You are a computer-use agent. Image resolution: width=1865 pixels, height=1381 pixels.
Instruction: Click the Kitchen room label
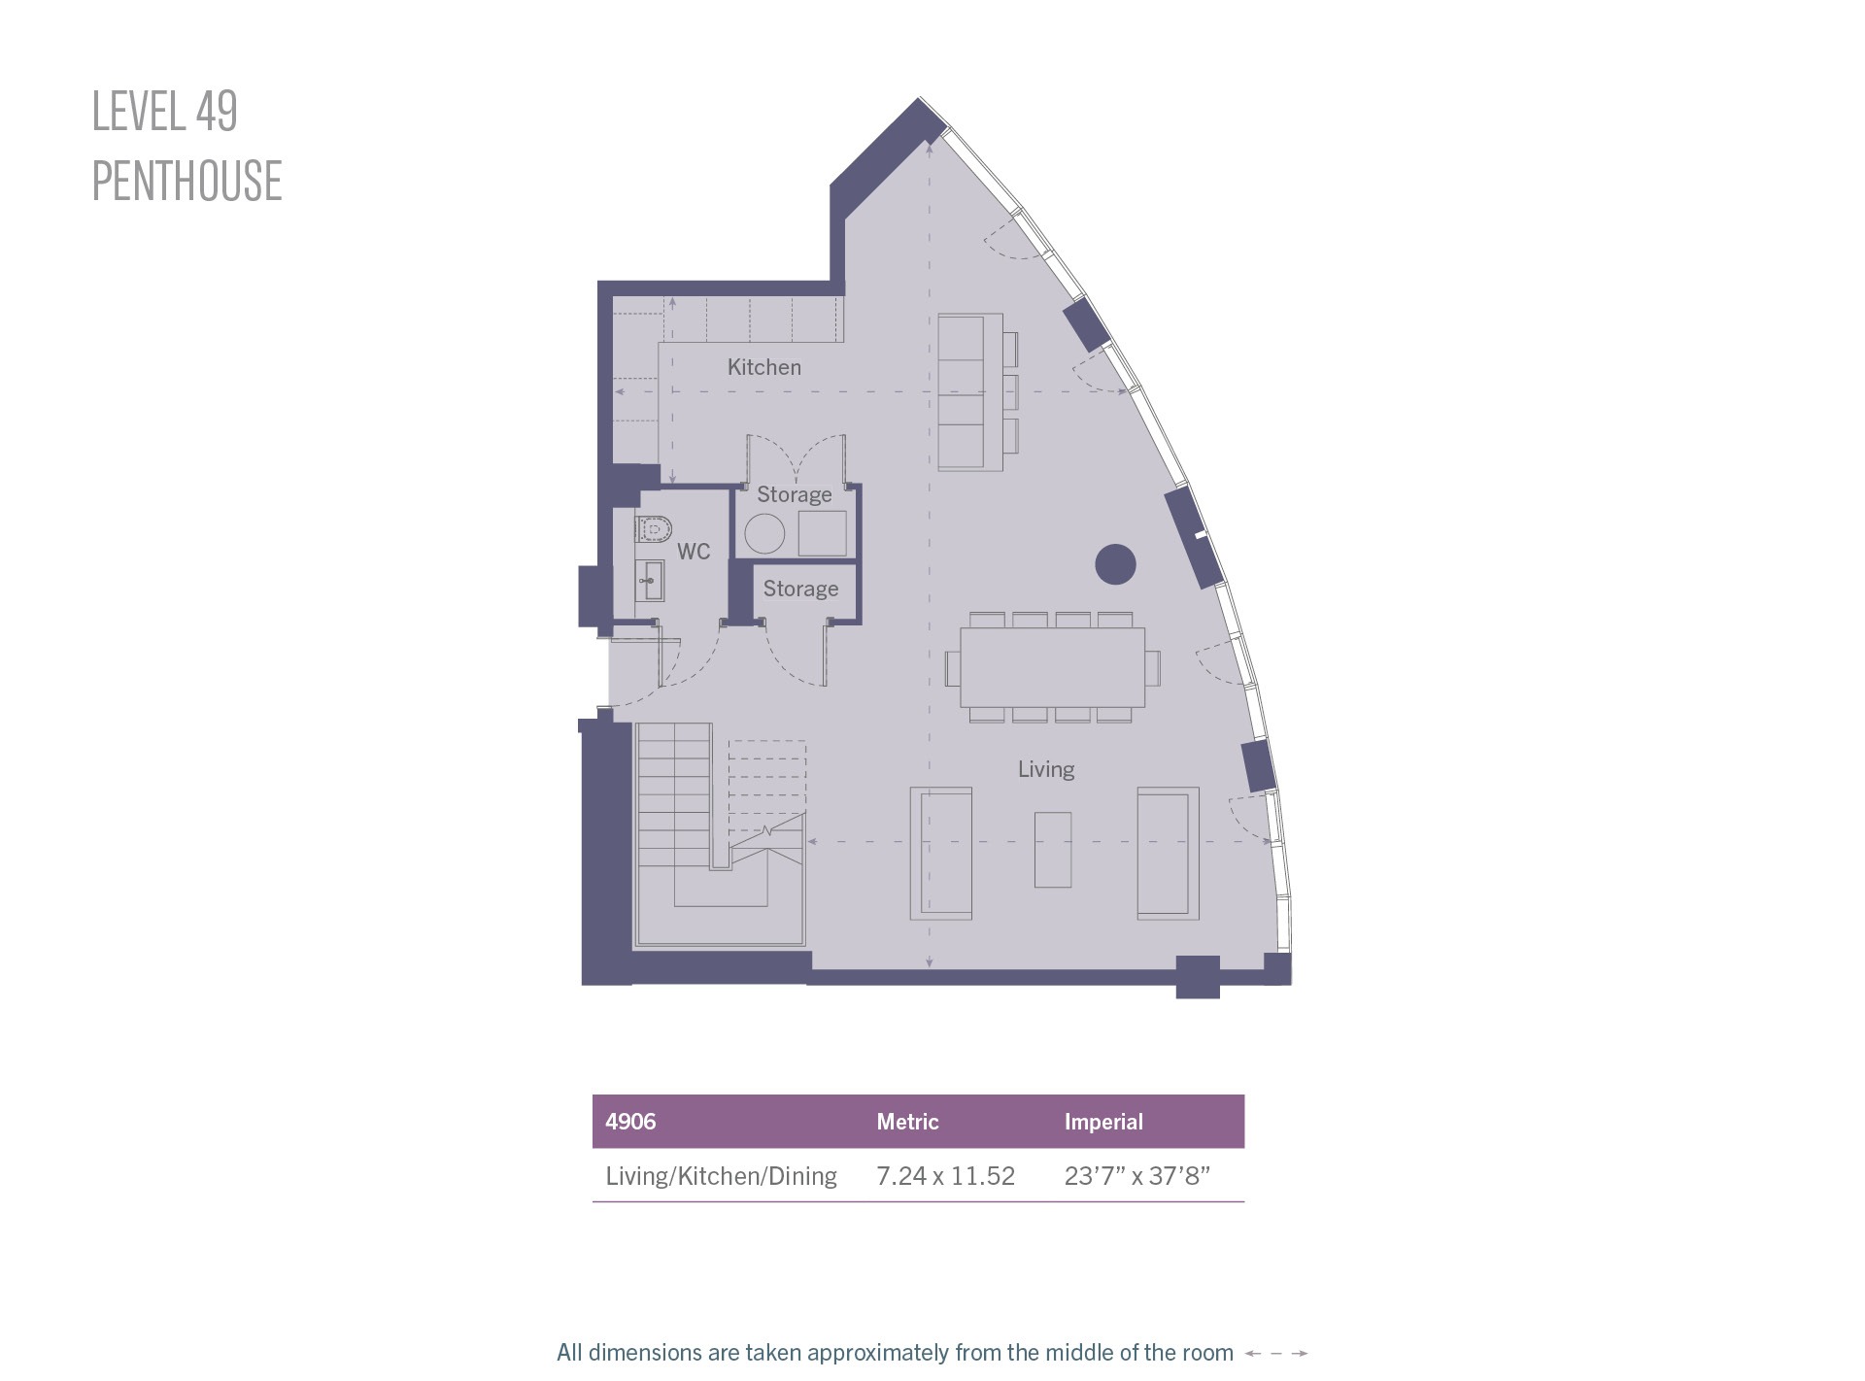coord(764,367)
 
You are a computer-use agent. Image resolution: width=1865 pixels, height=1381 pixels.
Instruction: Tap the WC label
coord(694,552)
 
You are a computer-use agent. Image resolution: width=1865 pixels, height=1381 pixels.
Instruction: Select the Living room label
coord(1046,769)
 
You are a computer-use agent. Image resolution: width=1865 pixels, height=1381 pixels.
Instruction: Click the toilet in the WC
coord(654,530)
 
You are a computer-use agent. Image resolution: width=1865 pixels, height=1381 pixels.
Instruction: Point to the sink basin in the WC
coord(651,581)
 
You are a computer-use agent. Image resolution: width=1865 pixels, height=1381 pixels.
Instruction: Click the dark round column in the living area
coord(1115,564)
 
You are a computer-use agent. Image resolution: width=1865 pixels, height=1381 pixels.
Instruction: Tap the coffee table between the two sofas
coord(1053,850)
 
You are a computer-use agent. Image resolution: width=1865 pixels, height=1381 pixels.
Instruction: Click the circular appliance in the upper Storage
coord(764,534)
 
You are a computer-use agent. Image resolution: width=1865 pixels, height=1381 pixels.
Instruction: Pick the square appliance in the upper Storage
coord(822,533)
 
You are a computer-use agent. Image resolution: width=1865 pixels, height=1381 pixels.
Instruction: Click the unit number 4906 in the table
coord(630,1122)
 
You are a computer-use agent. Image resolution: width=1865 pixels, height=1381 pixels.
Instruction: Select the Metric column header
coord(907,1122)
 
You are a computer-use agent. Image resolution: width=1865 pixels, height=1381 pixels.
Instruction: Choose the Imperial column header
coord(1103,1122)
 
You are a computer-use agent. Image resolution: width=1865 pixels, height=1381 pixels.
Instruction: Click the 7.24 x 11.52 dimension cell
coord(945,1176)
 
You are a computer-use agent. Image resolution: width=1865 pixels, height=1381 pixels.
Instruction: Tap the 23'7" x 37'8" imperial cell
coord(1136,1176)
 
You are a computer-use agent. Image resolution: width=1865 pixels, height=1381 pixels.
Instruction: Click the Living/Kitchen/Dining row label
coord(721,1176)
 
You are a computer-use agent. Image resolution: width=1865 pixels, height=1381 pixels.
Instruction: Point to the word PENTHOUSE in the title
coord(186,182)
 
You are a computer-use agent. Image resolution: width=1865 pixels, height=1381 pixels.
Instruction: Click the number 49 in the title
coord(217,111)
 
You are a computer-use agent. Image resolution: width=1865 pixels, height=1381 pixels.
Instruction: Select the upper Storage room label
coord(795,494)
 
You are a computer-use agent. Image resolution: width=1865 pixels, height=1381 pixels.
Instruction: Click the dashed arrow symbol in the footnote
coord(1276,1353)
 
